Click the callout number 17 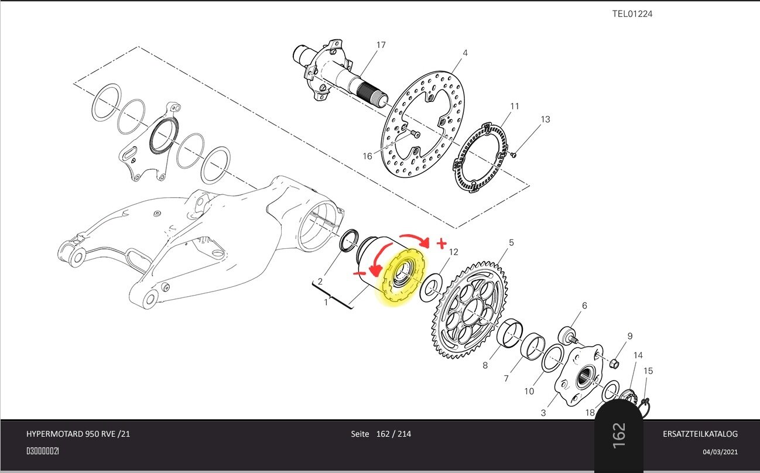381,44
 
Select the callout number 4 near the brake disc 465,53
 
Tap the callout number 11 515,106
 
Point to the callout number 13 545,119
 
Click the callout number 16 367,156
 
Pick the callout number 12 453,252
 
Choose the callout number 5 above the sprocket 511,242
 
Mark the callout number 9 630,336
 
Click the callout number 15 648,371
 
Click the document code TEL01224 632,13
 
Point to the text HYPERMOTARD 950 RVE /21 78,434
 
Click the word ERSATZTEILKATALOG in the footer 700,434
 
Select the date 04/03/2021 720,452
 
